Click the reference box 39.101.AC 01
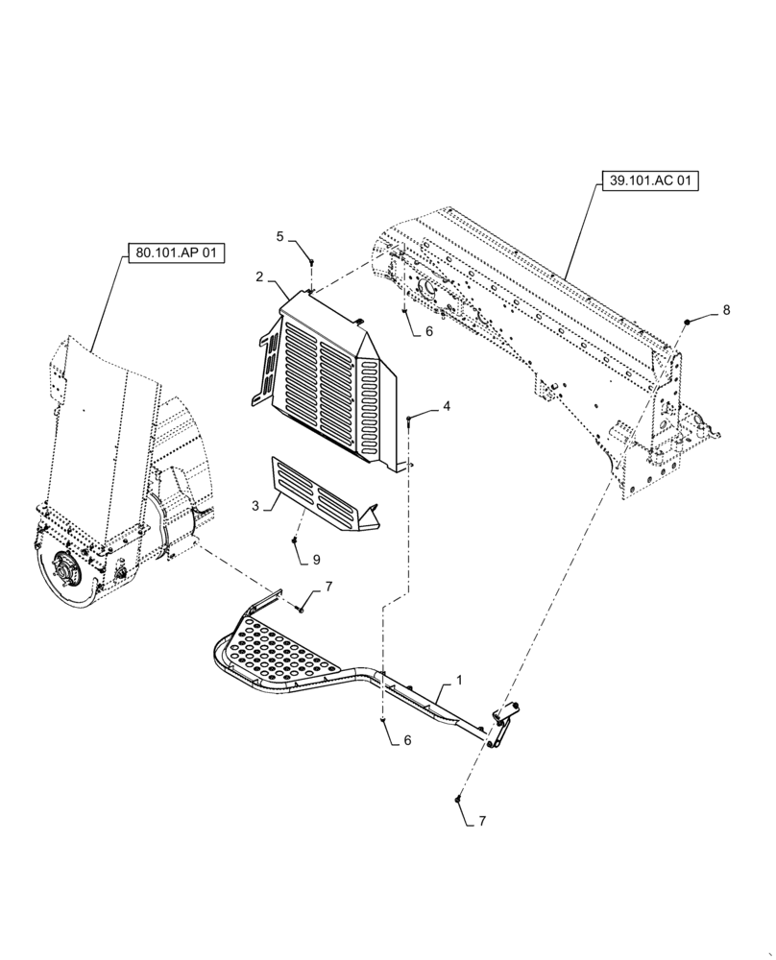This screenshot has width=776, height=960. (650, 180)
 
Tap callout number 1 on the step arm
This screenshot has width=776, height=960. (459, 680)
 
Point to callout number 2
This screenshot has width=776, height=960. (259, 276)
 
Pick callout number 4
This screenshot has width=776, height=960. (447, 406)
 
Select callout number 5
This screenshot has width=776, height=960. (280, 235)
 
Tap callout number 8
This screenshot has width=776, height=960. (726, 309)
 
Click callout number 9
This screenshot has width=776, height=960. (316, 559)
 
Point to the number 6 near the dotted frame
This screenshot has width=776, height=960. (428, 331)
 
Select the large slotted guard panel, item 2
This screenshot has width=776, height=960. (327, 379)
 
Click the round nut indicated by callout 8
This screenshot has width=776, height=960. (689, 321)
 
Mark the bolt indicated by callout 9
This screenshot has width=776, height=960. (294, 543)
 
